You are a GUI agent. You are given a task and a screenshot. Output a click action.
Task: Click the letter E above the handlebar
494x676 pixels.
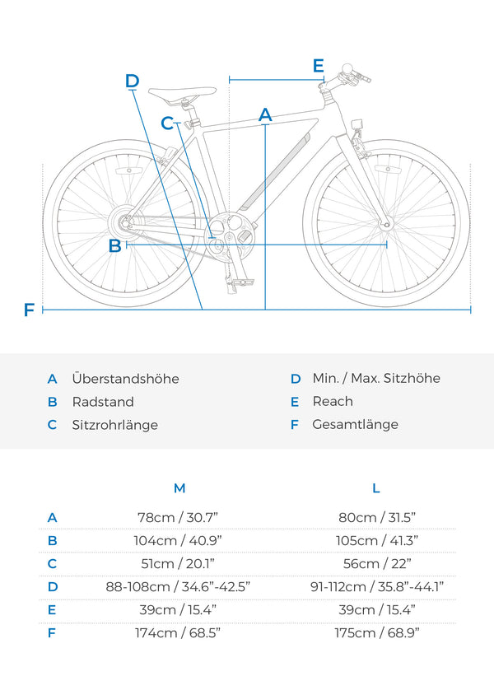click(319, 66)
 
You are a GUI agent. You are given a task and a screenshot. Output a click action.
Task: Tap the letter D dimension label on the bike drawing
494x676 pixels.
click(133, 81)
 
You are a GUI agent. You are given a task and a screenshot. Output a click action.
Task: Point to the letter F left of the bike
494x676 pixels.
click(30, 310)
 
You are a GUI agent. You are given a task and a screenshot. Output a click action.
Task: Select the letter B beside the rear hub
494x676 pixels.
click(115, 245)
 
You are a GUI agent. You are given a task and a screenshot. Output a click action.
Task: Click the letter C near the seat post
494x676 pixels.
click(168, 124)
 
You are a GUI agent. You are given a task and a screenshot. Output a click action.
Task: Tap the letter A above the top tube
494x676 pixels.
click(265, 114)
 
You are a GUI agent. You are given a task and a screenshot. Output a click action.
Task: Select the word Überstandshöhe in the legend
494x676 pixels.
click(125, 379)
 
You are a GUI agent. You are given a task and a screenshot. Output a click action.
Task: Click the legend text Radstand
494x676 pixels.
click(103, 402)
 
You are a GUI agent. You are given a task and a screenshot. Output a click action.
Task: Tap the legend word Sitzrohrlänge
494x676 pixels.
click(114, 425)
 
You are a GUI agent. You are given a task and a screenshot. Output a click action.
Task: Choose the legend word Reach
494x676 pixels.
click(333, 402)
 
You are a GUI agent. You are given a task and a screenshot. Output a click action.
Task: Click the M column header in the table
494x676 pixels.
click(179, 488)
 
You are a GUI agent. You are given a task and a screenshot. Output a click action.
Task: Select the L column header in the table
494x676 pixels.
click(376, 488)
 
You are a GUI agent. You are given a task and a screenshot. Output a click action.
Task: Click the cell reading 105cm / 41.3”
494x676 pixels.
click(377, 541)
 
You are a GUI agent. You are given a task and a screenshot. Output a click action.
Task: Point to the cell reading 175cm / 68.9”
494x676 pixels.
click(377, 633)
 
